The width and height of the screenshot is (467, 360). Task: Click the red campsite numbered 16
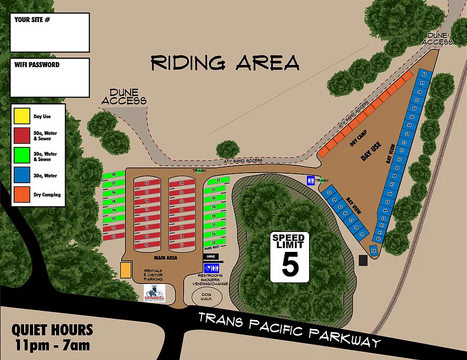coord(147,183)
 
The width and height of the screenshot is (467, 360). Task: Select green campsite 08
coord(113,175)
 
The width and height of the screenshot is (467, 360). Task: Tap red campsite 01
coord(113,237)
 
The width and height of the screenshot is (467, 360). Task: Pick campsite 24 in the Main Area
coord(182,184)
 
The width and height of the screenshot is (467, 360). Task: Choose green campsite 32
coord(214,181)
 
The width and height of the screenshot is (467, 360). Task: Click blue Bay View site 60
coord(423,75)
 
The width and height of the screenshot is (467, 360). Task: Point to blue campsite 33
coord(330,193)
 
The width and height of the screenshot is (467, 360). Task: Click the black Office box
coord(211,257)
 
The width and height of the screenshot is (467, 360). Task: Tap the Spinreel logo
coord(154,293)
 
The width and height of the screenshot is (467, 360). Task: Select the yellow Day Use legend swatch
coord(22,117)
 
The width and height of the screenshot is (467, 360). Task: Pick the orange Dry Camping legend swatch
coord(22,194)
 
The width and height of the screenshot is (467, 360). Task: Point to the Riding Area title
coord(225,62)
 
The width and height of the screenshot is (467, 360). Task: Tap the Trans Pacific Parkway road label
coord(289,329)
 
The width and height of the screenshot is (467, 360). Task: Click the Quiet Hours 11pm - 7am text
coord(52,337)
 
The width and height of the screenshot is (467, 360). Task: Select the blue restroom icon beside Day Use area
coord(311,180)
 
